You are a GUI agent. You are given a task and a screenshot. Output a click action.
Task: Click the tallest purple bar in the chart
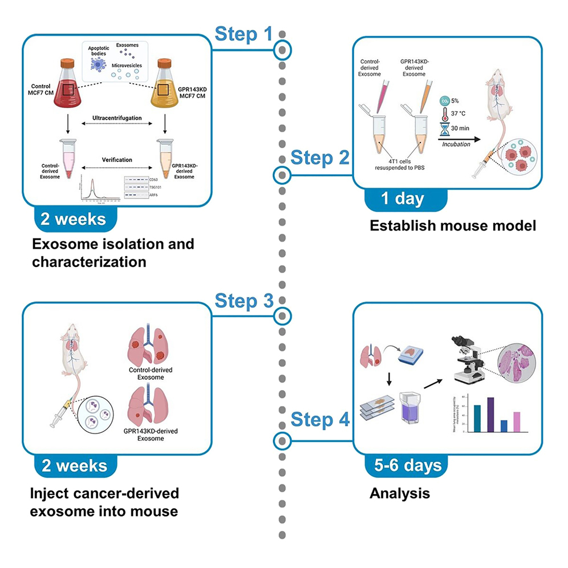(490, 415)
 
